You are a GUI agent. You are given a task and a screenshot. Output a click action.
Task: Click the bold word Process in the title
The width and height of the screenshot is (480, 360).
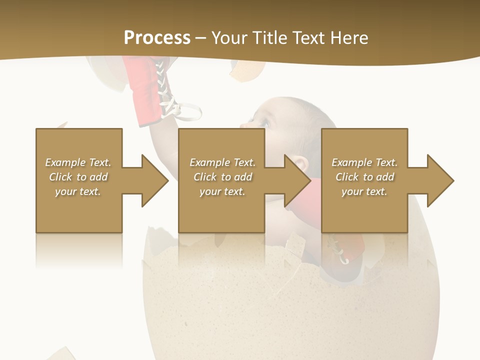click(157, 37)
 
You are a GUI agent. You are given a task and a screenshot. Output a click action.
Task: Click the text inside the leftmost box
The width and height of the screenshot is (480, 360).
click(78, 177)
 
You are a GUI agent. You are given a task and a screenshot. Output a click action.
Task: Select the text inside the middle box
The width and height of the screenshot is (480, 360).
click(222, 177)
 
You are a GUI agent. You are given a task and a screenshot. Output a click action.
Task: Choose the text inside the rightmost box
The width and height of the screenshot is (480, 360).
click(364, 177)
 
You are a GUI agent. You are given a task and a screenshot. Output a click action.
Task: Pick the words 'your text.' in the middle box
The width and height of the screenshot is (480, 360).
click(222, 191)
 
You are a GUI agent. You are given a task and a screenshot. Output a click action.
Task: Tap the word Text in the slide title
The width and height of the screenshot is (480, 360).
click(309, 37)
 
